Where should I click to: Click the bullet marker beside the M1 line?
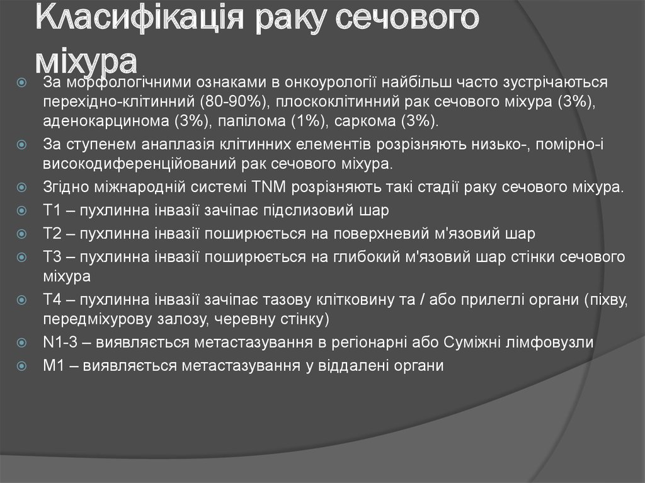pos(22,365)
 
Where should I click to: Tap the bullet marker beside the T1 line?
pos(22,210)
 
